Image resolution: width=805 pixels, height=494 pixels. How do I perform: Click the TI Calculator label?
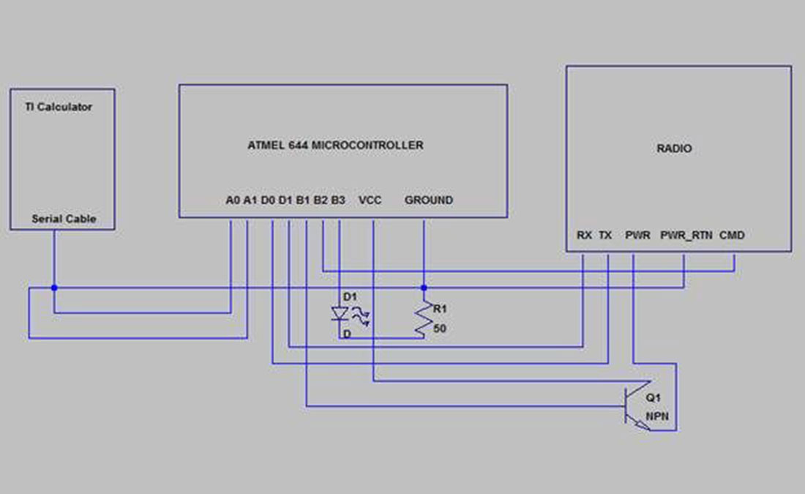coord(59,107)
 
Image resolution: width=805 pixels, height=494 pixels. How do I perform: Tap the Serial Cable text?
coord(64,219)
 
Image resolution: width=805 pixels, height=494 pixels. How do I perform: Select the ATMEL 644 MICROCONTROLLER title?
coord(335,146)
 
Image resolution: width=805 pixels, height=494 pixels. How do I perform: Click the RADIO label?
coord(674,149)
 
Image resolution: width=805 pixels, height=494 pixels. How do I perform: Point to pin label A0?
coord(233,201)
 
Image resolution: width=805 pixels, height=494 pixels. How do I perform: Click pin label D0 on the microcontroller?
coord(268,201)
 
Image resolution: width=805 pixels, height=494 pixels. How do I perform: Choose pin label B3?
coord(338,201)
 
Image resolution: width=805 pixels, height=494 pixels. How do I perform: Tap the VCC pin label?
coord(370,201)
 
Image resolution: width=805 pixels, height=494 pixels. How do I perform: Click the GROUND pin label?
coord(429,201)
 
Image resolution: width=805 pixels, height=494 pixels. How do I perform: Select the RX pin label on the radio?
coord(584,235)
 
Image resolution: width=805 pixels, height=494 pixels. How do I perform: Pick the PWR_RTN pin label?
coord(686,235)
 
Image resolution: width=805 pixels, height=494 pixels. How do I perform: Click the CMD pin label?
coord(732,235)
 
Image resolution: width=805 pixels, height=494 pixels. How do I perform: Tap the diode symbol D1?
coord(340,314)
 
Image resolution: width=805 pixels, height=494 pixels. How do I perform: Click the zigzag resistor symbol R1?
coord(424,319)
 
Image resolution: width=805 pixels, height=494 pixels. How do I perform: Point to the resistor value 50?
coord(440,329)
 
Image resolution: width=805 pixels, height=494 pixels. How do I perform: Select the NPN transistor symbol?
coord(637,405)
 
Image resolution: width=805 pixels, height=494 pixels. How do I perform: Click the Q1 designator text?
coord(653,397)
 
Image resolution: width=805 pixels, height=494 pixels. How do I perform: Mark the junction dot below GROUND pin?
coord(424,288)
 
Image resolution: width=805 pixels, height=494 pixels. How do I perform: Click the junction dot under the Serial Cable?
coord(54,288)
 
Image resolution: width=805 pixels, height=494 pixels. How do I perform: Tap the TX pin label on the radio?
coord(605,235)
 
